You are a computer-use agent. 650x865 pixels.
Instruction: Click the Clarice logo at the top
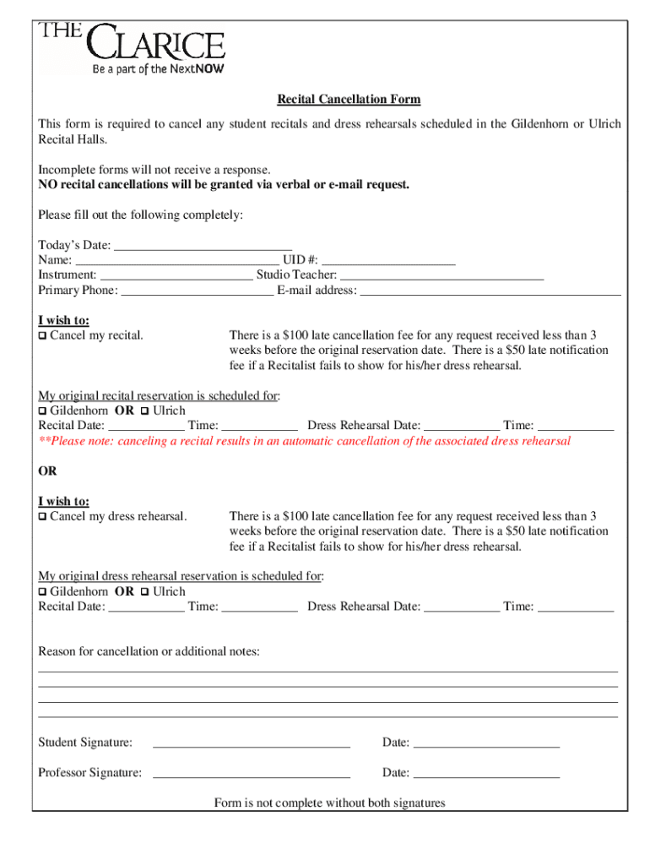[131, 42]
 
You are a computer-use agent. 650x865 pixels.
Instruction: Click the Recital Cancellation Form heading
[349, 100]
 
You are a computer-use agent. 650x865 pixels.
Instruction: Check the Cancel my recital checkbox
[43, 336]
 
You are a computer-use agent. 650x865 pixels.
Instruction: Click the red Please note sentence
[304, 441]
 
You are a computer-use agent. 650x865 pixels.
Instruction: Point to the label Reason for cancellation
[149, 651]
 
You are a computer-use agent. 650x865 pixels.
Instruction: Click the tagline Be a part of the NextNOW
[158, 69]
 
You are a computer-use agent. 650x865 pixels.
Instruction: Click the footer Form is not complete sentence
[329, 802]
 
